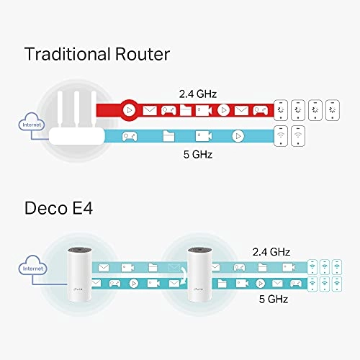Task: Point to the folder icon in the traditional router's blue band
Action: pyautogui.click(x=167, y=135)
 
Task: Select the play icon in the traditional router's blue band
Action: pyautogui.click(x=238, y=135)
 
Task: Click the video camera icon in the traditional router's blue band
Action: pyautogui.click(x=202, y=135)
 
